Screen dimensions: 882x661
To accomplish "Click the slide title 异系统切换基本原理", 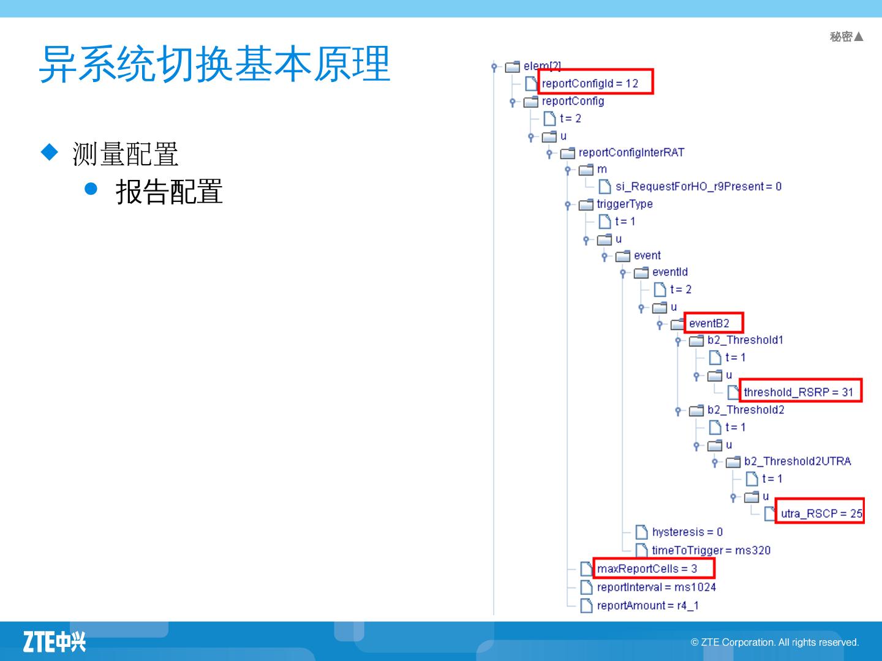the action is click(214, 64).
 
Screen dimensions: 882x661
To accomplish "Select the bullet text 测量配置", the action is click(126, 154).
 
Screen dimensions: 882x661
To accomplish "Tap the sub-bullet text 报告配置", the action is click(169, 192).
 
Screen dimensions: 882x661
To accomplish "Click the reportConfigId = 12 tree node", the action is click(590, 83).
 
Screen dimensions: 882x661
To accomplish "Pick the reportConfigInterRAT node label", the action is click(631, 152).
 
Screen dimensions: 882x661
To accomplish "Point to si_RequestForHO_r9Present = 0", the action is click(698, 186).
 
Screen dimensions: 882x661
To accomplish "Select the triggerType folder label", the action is click(625, 204).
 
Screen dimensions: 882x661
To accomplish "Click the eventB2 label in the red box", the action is click(709, 323).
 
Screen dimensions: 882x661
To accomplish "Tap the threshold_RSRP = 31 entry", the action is click(798, 392).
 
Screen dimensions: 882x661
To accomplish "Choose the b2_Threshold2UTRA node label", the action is click(797, 461).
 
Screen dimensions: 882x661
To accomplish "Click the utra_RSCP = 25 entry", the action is click(821, 513).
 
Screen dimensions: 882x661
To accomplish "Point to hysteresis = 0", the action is click(687, 532).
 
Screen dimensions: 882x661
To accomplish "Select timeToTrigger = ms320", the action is click(711, 550).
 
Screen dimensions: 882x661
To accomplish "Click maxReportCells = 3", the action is click(647, 569).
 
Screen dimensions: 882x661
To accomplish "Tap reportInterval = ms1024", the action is click(656, 587).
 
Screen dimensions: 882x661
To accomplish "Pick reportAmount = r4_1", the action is click(647, 605).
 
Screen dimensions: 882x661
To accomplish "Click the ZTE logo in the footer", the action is click(55, 641).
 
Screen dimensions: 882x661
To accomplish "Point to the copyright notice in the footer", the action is click(775, 642).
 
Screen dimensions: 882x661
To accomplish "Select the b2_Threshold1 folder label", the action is click(745, 340).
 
